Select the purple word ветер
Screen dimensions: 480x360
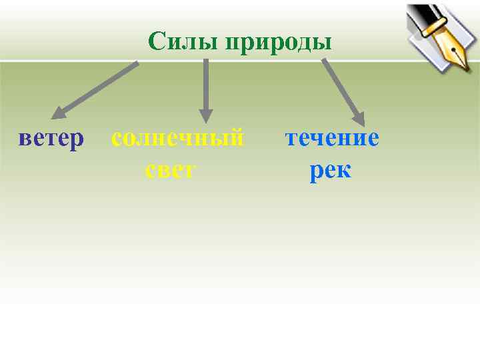(x=51, y=138)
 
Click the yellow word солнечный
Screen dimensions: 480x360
(x=178, y=138)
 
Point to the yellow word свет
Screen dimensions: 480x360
(x=170, y=170)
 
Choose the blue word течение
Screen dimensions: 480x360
(x=332, y=138)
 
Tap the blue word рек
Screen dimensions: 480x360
(x=330, y=170)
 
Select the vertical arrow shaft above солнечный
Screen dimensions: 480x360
(x=206, y=83)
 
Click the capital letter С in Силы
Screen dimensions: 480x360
(x=155, y=41)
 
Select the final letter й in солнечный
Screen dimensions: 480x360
(x=237, y=138)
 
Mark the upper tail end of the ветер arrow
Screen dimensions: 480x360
(x=137, y=63)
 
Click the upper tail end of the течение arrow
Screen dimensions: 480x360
(x=324, y=60)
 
